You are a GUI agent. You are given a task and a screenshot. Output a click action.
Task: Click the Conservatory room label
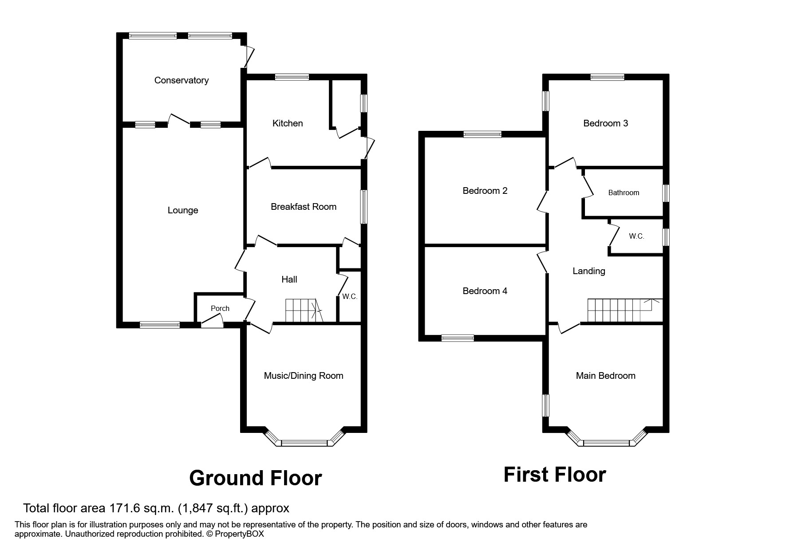pos(181,80)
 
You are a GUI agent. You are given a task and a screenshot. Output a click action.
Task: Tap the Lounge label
pos(182,210)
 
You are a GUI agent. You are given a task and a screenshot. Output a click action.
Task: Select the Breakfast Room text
pos(303,207)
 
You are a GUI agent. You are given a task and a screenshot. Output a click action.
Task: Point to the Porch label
pos(220,308)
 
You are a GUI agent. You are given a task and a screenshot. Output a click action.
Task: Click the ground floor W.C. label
pos(349,297)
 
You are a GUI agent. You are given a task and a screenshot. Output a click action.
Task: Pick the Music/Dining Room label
pos(303,376)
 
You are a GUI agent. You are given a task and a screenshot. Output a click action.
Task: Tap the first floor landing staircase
pos(621,310)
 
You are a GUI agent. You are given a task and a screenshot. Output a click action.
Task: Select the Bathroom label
pos(623,192)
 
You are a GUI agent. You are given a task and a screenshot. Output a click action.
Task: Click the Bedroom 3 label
pos(605,123)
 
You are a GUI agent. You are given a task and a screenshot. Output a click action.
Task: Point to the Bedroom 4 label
pos(484,291)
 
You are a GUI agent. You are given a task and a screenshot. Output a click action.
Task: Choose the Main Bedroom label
pos(605,376)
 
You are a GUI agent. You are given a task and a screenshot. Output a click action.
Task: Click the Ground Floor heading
pos(255,478)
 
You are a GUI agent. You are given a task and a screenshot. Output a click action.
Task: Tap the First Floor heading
pos(554,475)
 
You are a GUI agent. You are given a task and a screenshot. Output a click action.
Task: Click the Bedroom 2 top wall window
pos(482,134)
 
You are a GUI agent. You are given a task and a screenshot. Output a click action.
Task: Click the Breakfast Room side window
pos(363,207)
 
